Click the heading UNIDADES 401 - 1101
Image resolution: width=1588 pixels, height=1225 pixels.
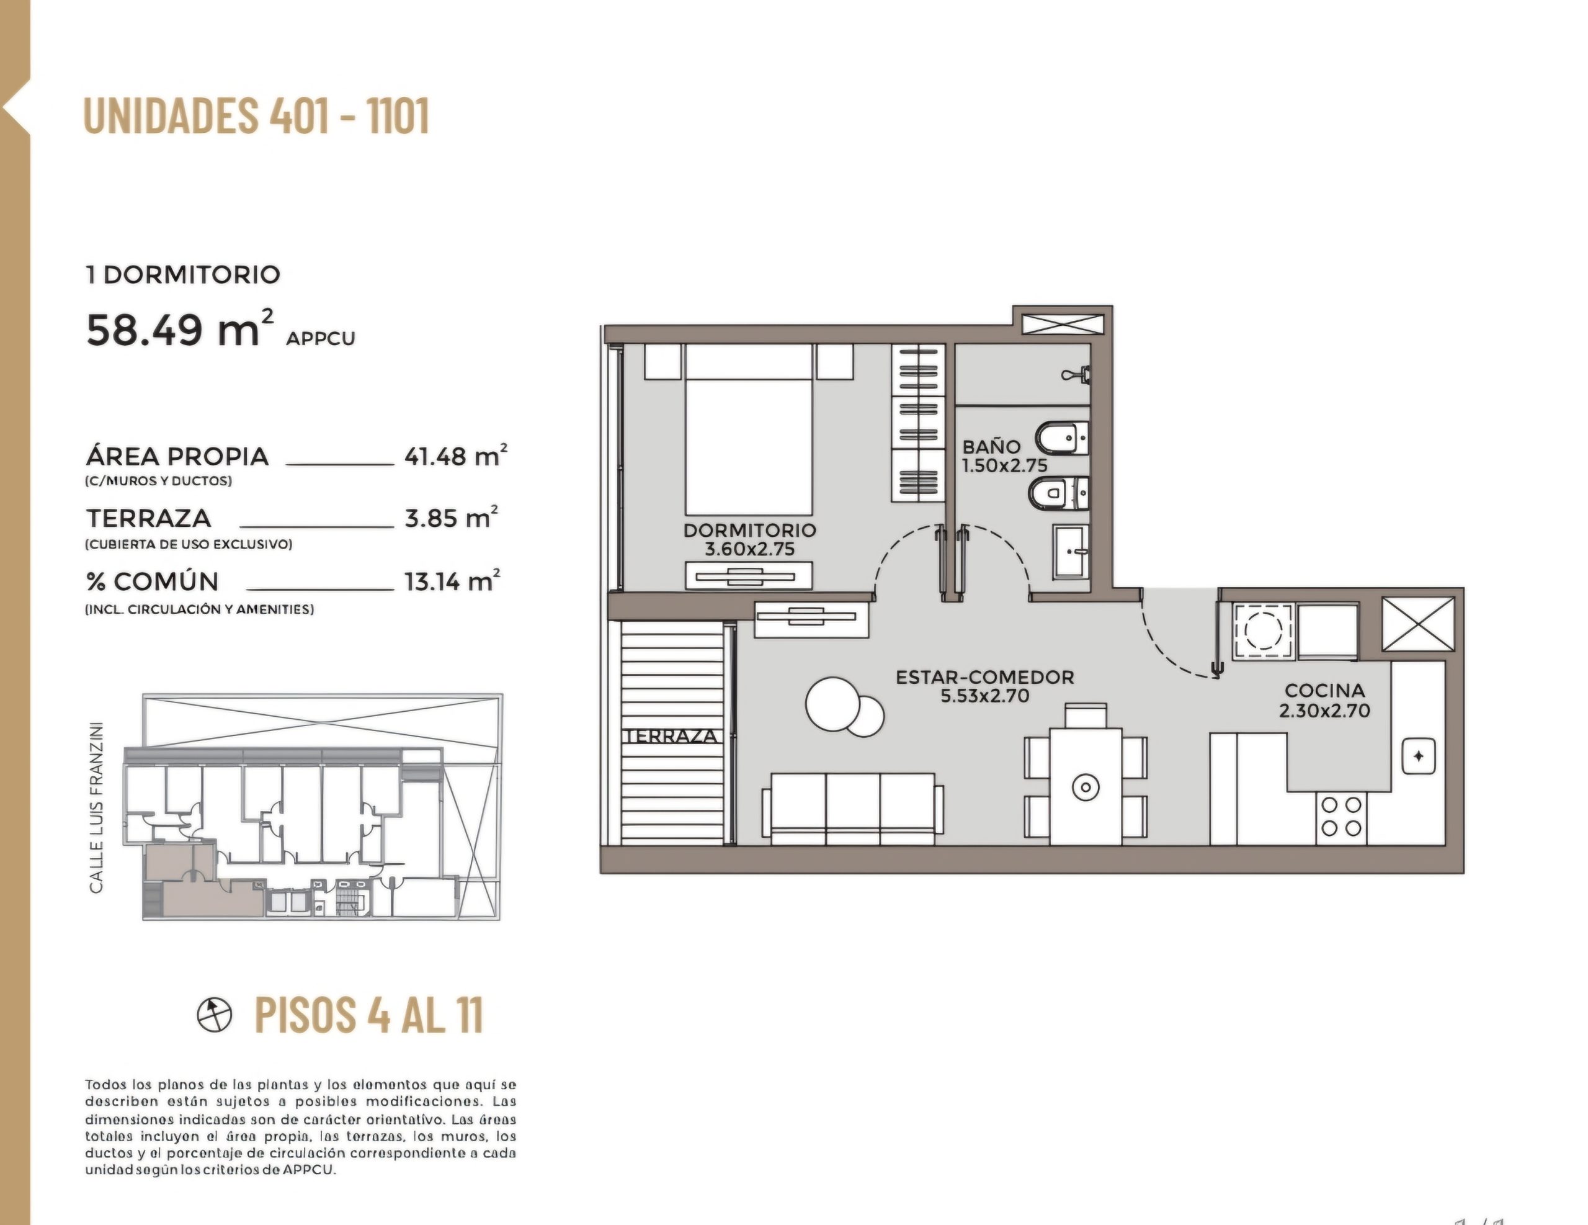coord(257,115)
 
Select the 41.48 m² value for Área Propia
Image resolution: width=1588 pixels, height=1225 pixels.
coord(456,455)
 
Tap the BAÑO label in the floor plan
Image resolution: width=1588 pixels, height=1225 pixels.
coord(991,446)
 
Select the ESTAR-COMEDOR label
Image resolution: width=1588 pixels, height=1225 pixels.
coord(984,676)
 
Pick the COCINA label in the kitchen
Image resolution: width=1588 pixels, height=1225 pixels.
coord(1325,690)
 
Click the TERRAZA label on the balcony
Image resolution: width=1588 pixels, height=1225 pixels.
coord(671,736)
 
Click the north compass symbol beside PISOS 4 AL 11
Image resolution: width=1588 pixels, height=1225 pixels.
coord(215,1014)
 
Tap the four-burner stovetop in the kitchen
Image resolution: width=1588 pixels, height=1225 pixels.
coord(1342,817)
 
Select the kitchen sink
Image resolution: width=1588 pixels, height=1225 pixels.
coord(1418,756)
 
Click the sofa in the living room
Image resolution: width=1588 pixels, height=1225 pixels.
coord(852,808)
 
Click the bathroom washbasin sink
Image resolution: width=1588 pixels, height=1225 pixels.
coord(1071,552)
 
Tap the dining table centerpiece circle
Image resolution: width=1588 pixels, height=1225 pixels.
coord(1085,786)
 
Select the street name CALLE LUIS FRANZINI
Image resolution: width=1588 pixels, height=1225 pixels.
coord(96,807)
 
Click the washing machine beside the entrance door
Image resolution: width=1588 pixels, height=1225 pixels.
coord(1263,630)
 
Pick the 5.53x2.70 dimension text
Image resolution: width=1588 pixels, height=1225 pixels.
coord(984,696)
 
